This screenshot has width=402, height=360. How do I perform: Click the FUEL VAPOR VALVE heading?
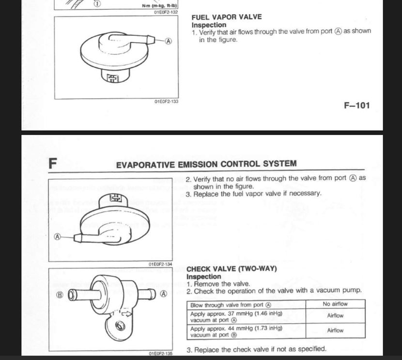[x=227, y=17]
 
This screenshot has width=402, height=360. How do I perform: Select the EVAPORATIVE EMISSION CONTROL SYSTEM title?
[x=206, y=164]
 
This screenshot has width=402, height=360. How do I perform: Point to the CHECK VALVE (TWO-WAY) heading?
[x=232, y=269]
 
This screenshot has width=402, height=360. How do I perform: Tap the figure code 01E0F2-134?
[x=160, y=264]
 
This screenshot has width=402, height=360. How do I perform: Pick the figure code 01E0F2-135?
[x=161, y=355]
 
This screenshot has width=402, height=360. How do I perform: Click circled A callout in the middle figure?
[x=58, y=237]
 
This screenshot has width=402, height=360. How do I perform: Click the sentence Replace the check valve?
[x=256, y=349]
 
